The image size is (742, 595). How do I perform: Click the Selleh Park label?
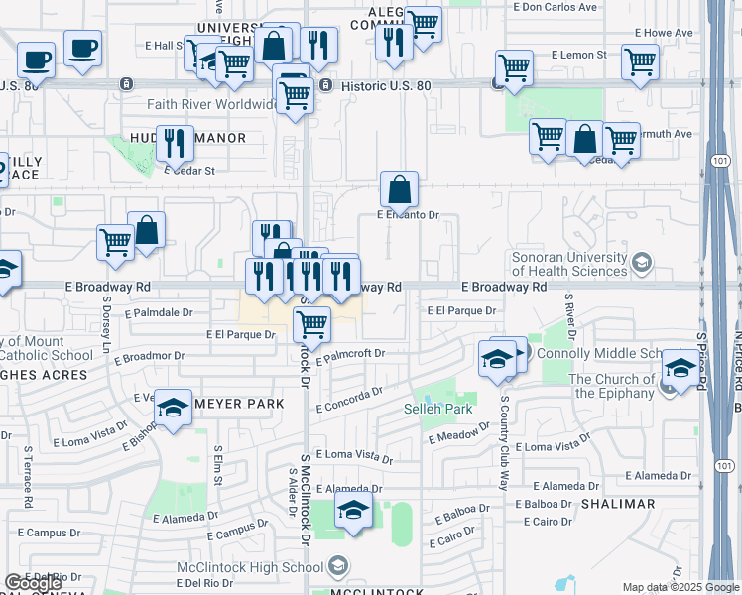(x=437, y=409)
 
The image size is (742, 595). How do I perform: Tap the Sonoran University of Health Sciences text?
(x=568, y=263)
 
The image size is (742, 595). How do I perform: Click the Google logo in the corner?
(x=33, y=584)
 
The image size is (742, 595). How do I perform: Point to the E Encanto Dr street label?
(x=407, y=214)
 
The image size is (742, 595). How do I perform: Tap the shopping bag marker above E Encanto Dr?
(x=399, y=188)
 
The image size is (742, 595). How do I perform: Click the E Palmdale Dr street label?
(x=159, y=312)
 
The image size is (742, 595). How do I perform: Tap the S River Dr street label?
(x=569, y=315)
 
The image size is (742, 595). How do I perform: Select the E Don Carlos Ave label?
(x=555, y=6)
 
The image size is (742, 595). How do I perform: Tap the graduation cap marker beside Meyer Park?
(x=173, y=409)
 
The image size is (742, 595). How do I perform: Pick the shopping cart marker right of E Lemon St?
(x=640, y=61)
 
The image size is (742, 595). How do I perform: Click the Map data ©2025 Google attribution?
(x=680, y=587)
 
